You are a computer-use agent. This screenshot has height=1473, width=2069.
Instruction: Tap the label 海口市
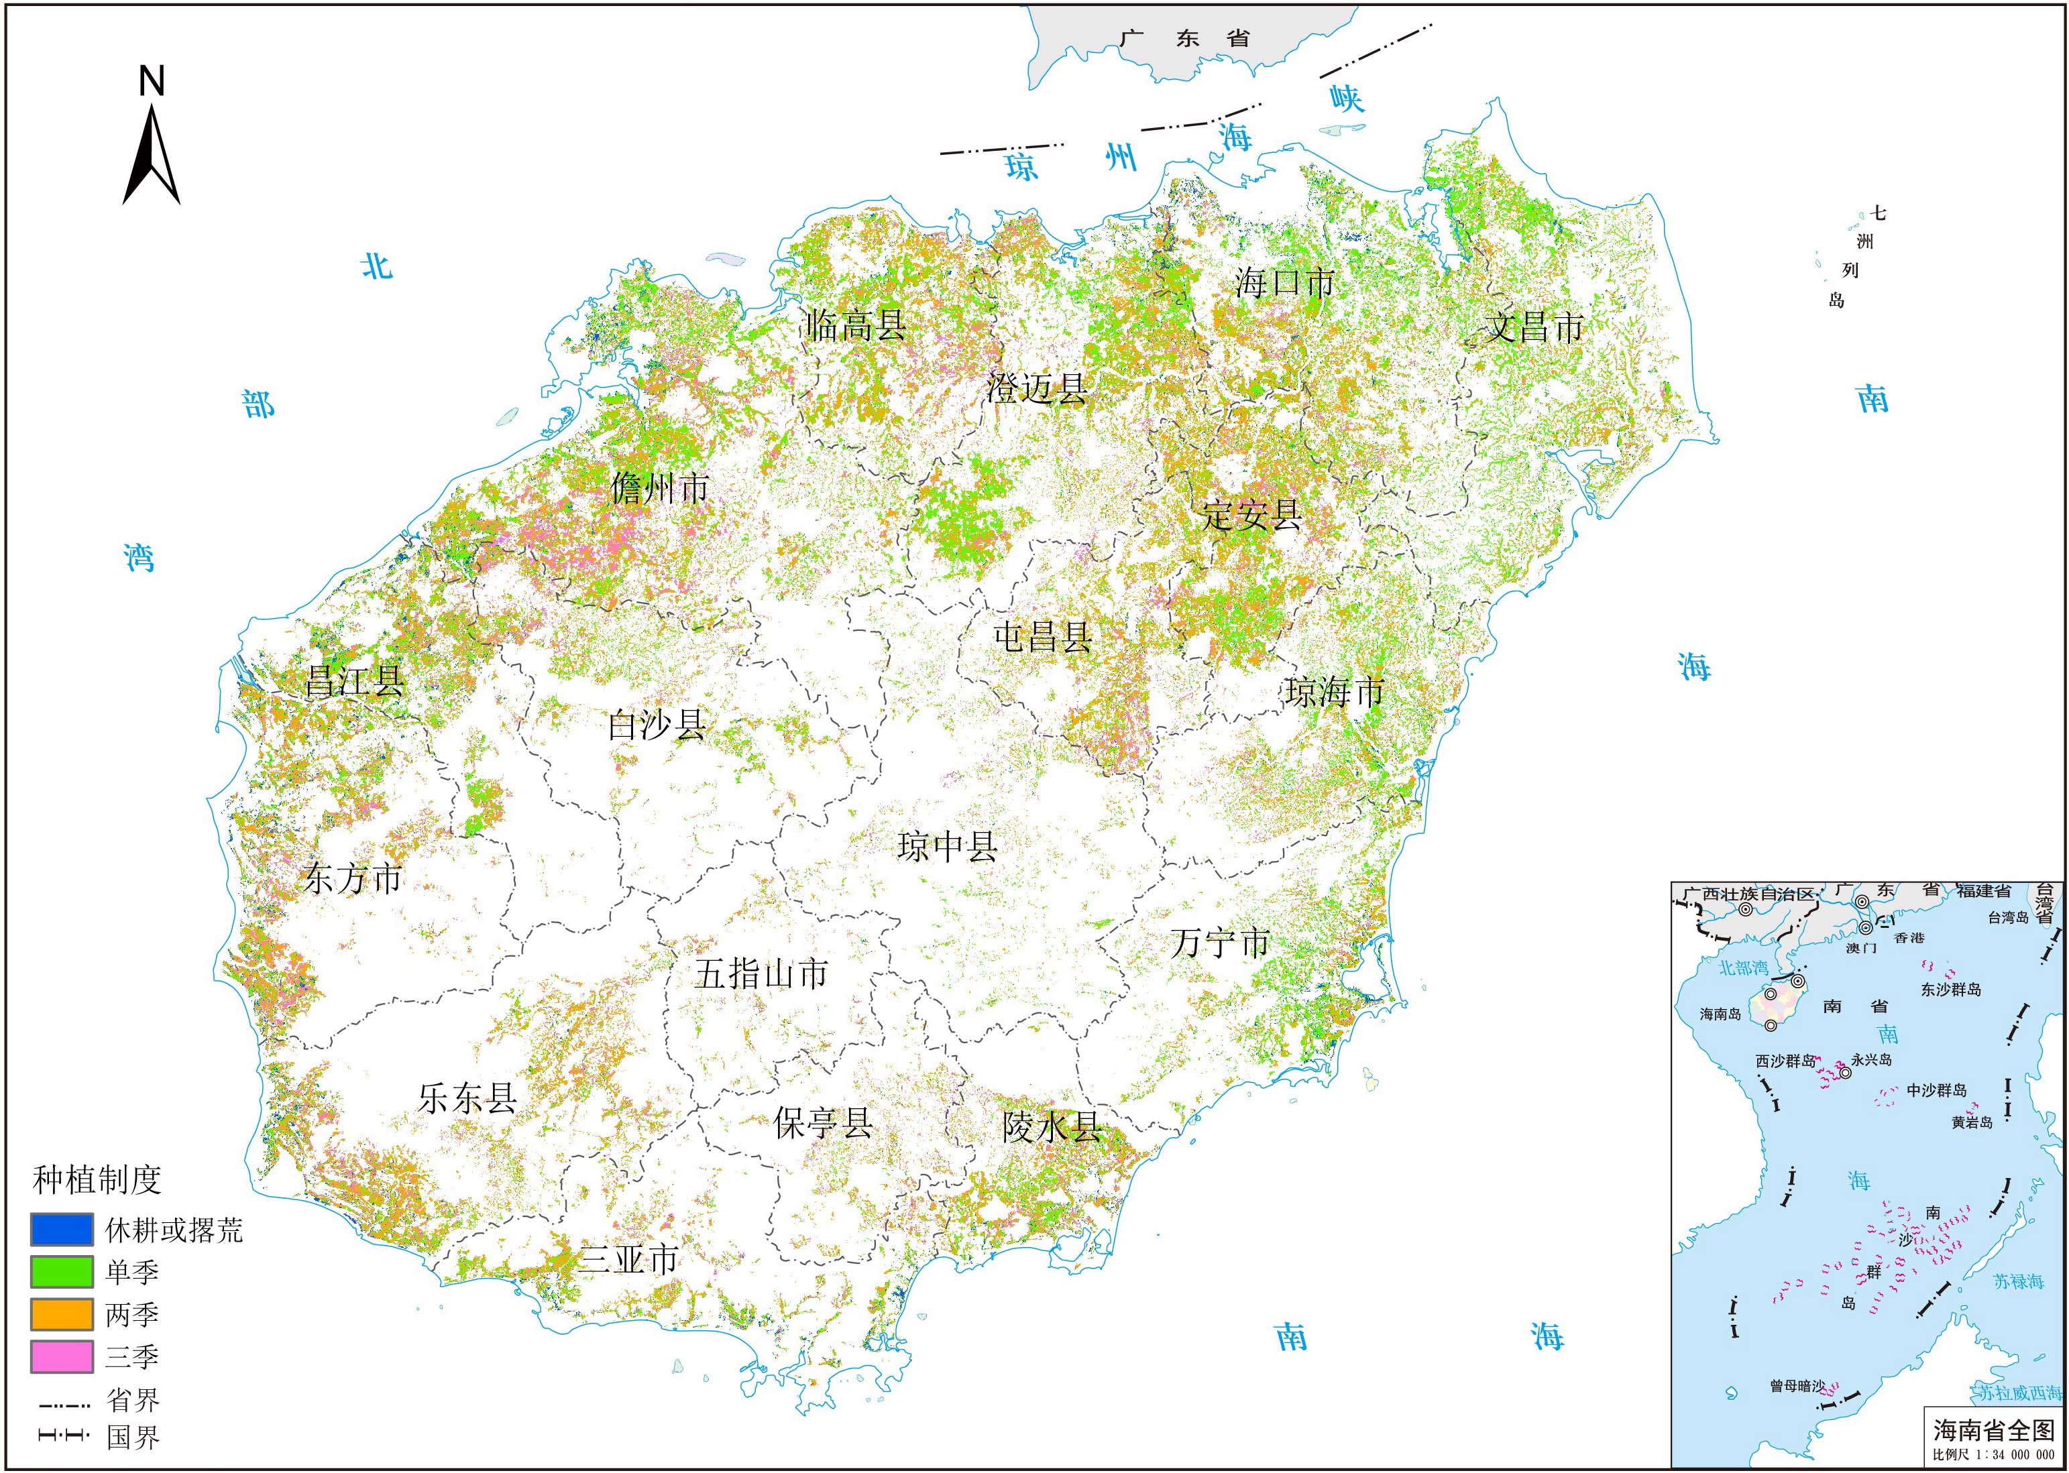(1284, 283)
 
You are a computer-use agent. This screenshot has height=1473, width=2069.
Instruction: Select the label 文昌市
(1534, 327)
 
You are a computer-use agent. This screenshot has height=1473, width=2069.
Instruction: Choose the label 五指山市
(761, 974)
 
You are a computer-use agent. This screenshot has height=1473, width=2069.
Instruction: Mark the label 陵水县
(1052, 1126)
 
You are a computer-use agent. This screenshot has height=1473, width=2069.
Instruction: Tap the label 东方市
(352, 878)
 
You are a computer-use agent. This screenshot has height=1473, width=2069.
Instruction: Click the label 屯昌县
(1043, 638)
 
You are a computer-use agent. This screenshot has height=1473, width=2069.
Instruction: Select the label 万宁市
(1220, 943)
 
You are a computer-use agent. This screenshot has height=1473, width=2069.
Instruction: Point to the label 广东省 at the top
(1184, 39)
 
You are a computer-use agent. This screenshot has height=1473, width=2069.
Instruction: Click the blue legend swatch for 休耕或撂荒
(62, 1229)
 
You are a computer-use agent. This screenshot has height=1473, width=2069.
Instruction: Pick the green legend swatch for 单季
(62, 1272)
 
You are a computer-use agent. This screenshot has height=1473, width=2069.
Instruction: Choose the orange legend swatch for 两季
(62, 1314)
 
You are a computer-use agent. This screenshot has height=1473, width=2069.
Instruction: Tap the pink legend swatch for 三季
(62, 1357)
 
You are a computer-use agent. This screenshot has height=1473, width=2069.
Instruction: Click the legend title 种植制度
(97, 1180)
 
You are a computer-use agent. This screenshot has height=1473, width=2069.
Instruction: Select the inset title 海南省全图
(1993, 1430)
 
